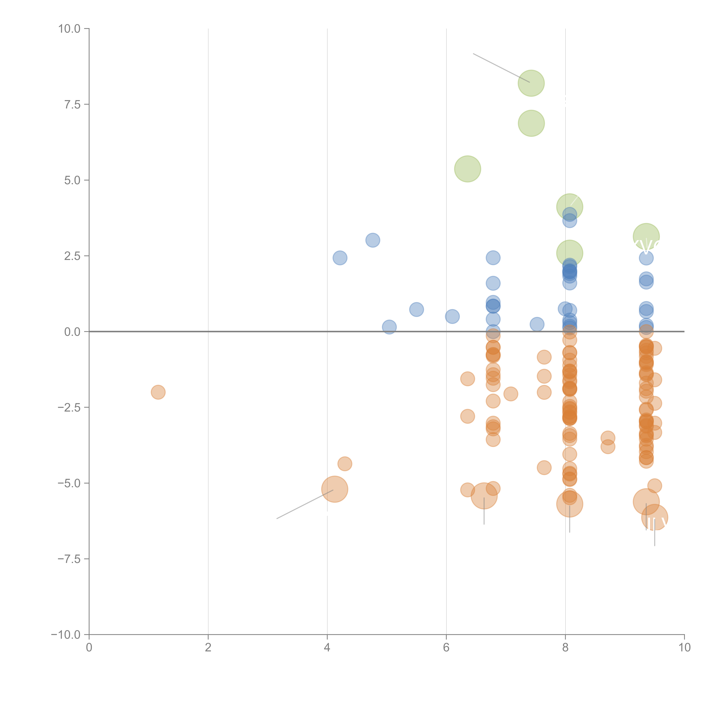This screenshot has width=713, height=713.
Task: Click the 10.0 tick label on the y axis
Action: [69, 29]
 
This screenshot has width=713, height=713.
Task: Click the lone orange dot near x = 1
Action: [158, 392]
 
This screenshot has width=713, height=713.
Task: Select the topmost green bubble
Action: [531, 83]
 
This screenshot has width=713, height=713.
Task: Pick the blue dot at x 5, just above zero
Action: [389, 327]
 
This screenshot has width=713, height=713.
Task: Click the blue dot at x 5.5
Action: [416, 309]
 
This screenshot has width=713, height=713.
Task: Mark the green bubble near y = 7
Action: [531, 123]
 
